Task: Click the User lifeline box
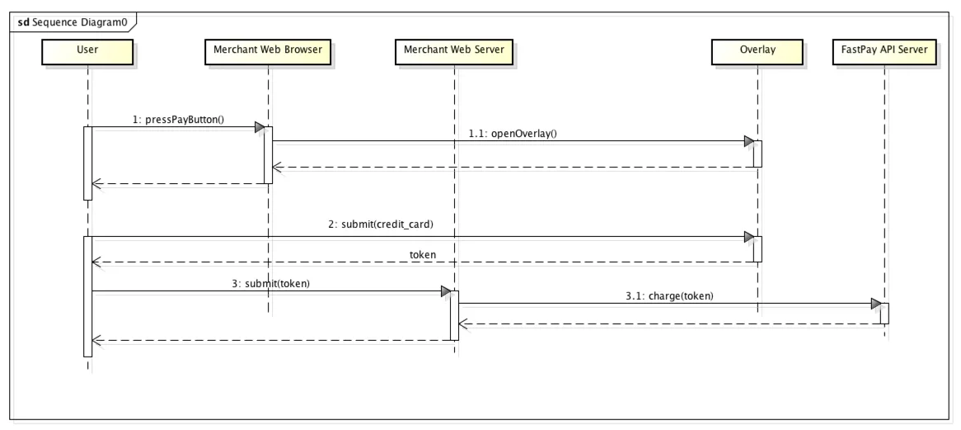pyautogui.click(x=87, y=50)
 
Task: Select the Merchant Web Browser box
pyautogui.click(x=268, y=50)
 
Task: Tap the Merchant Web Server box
pyautogui.click(x=453, y=50)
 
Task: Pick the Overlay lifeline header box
pyautogui.click(x=757, y=50)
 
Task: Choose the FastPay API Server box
pyautogui.click(x=884, y=50)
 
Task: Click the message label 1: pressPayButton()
pyautogui.click(x=179, y=119)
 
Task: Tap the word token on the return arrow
pyautogui.click(x=423, y=254)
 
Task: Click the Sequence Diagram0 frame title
pyautogui.click(x=72, y=21)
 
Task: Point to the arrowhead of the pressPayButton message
pyautogui.click(x=260, y=127)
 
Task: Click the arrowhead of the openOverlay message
pyautogui.click(x=748, y=141)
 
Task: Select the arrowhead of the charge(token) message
pyautogui.click(x=875, y=305)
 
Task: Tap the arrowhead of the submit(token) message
pyautogui.click(x=445, y=291)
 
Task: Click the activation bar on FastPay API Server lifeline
pyautogui.click(x=884, y=314)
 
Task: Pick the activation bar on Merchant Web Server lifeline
pyautogui.click(x=453, y=315)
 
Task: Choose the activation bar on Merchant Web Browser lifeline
pyautogui.click(x=268, y=154)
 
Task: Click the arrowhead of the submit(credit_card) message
pyautogui.click(x=748, y=237)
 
